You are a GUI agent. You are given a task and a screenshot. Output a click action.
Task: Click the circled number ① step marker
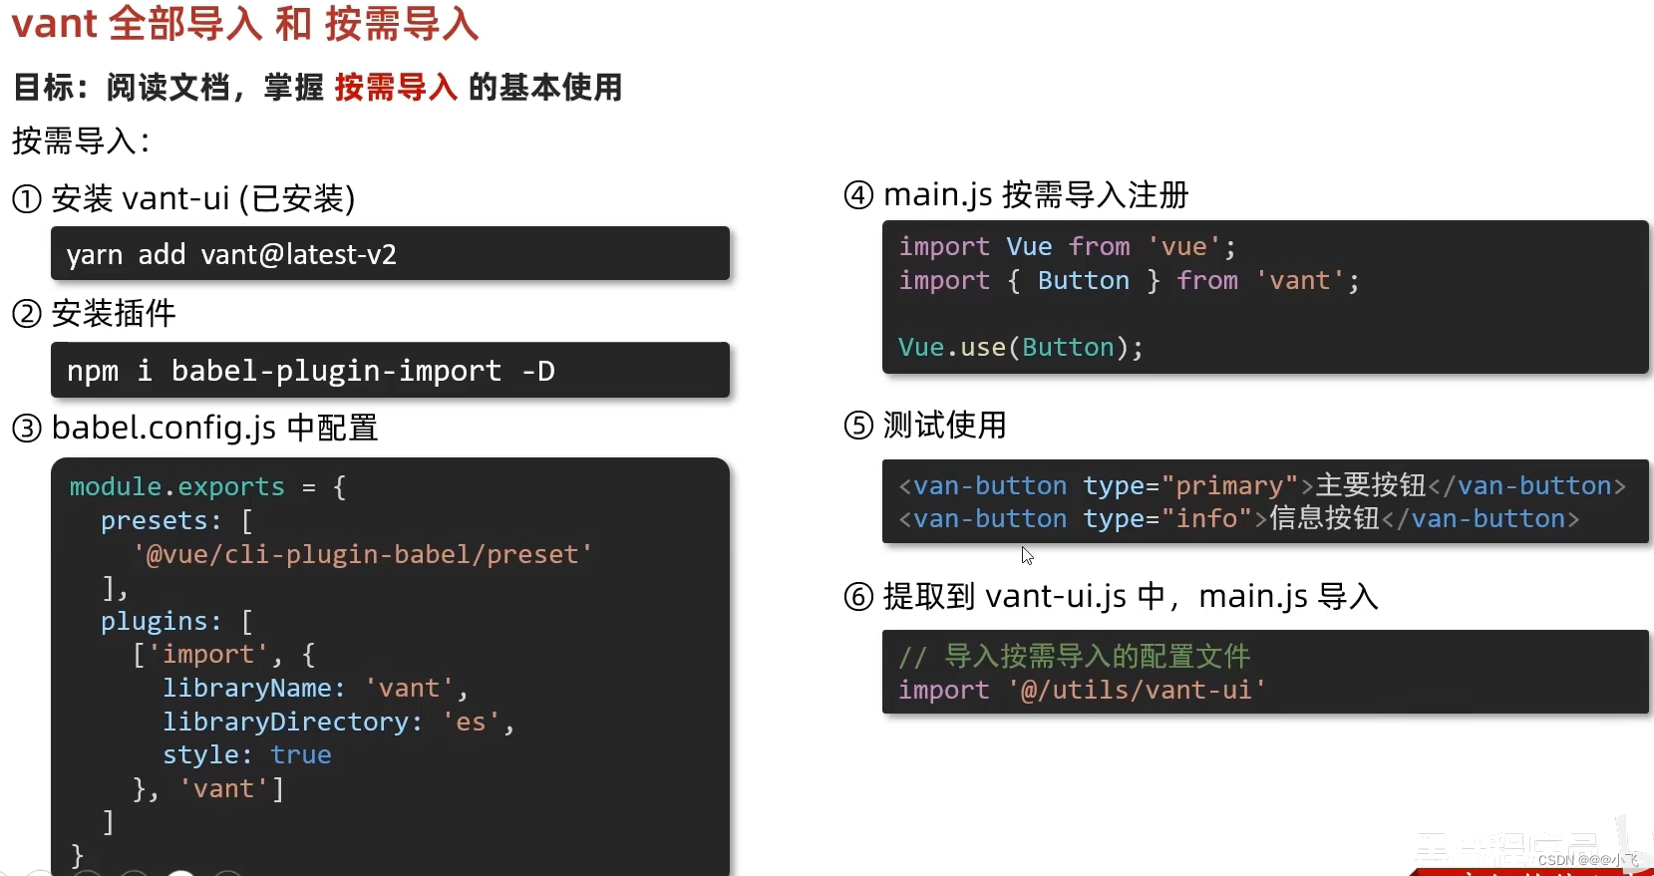26,199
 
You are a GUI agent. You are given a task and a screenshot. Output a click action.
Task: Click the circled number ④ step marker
858,194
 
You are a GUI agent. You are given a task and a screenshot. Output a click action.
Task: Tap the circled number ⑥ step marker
858,597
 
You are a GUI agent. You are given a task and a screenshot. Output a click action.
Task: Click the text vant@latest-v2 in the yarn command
298,255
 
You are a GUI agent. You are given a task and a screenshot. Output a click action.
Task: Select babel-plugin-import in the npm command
336,371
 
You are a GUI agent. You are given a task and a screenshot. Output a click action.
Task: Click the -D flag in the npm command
538,371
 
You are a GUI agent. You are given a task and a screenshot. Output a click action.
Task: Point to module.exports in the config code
176,487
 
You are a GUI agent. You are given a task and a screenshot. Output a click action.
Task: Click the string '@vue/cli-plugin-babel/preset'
362,554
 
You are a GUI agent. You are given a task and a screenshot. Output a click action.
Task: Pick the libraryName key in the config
253,689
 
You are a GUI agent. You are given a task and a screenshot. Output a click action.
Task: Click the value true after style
300,755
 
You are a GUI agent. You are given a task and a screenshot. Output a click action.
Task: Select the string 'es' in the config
471,722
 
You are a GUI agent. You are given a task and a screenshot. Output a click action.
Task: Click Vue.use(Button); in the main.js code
1020,348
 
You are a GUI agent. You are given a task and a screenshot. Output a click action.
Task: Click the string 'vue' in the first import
1183,247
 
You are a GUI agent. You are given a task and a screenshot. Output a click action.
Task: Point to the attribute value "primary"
1230,486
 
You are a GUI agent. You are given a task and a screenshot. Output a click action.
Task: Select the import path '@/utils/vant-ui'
1137,690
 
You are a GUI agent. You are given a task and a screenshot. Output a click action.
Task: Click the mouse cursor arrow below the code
1027,555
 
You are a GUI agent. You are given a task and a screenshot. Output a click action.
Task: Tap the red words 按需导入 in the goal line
396,88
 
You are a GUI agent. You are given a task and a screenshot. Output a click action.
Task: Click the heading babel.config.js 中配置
214,429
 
